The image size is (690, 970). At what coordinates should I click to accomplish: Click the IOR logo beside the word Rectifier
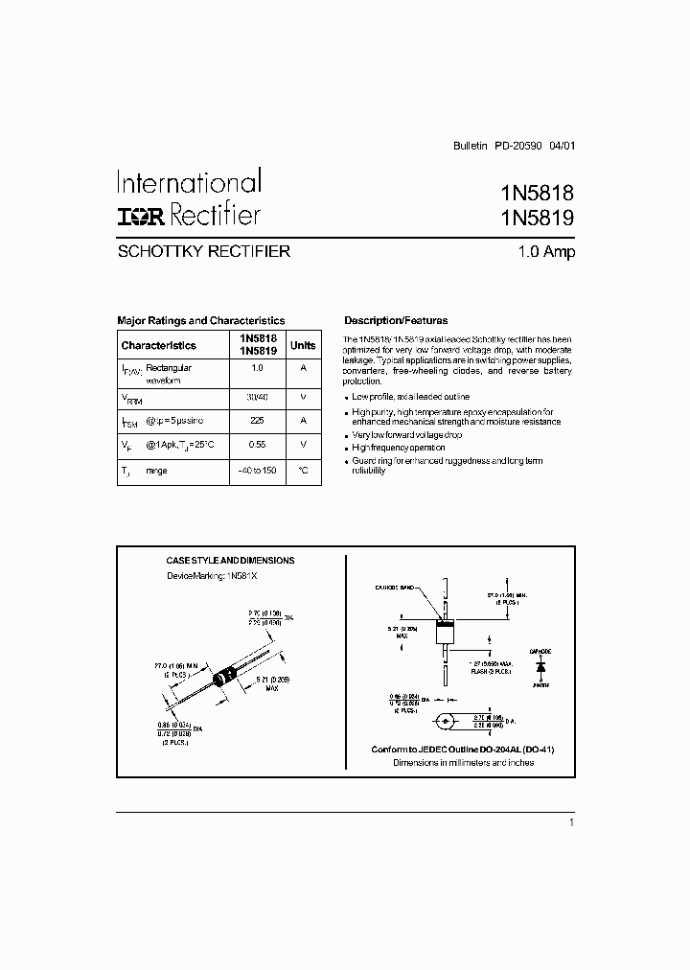(141, 216)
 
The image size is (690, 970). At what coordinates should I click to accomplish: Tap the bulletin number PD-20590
(518, 147)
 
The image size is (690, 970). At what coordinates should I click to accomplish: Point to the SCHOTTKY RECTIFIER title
(203, 253)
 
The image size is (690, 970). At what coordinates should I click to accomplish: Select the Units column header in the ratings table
(303, 345)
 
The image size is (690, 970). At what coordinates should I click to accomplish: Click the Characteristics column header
(159, 345)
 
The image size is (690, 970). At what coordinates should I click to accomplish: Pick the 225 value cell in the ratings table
(257, 420)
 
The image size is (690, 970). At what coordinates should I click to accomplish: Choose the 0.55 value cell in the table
(257, 445)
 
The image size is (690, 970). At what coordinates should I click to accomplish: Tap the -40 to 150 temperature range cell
(257, 471)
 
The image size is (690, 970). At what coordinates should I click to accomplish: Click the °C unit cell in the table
(303, 471)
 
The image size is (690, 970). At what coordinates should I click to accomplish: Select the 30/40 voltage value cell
(257, 395)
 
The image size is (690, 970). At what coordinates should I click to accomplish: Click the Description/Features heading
(396, 320)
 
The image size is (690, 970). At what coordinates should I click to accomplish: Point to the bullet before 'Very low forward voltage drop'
(346, 435)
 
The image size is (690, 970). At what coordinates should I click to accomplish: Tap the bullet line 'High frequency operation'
(399, 448)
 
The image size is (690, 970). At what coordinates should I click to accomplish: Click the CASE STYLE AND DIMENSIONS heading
(230, 561)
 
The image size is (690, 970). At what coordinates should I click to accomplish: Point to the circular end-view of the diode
(444, 721)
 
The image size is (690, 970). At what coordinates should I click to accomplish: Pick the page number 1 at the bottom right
(571, 822)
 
